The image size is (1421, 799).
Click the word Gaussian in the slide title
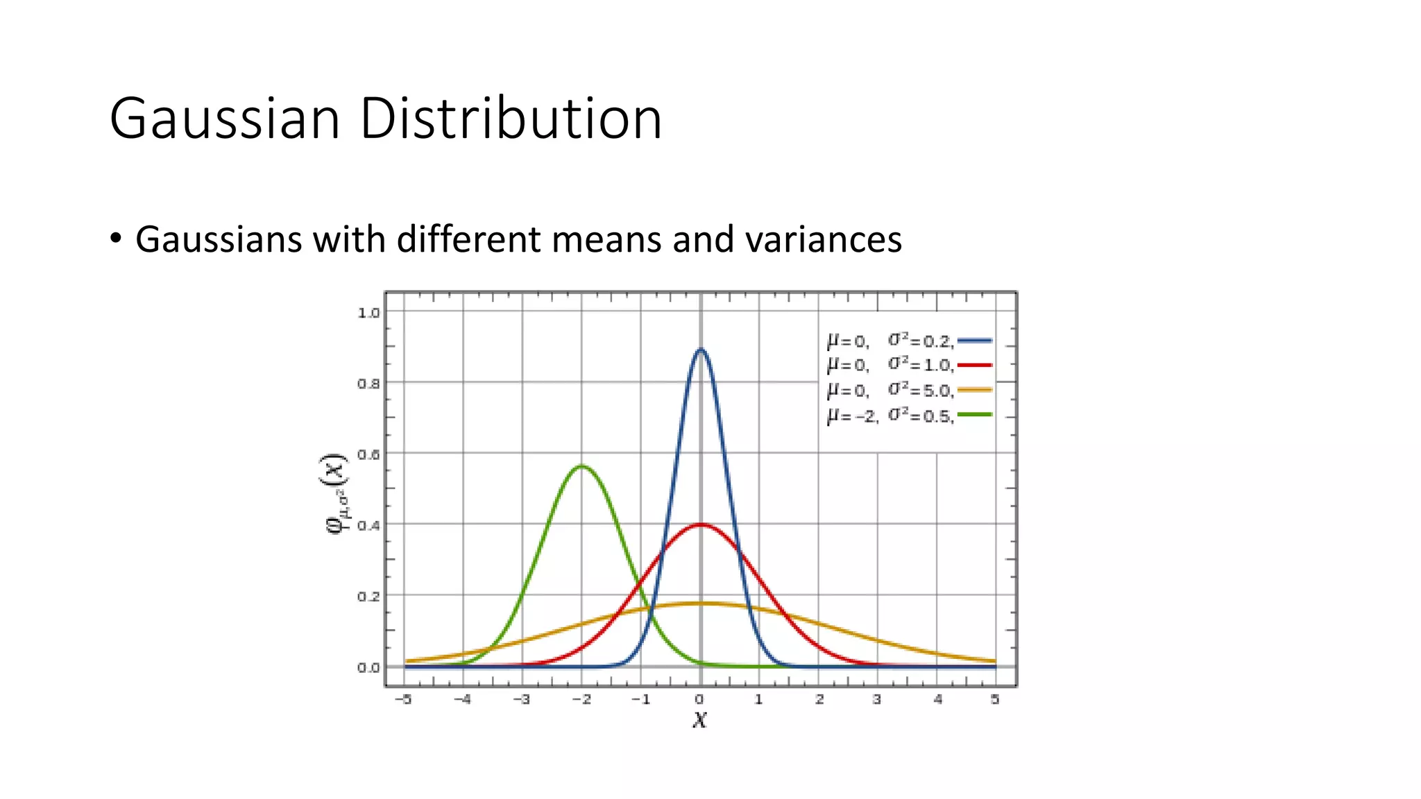[x=225, y=119]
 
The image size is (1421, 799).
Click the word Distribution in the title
[x=511, y=119]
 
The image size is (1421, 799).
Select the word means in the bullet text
[x=608, y=239]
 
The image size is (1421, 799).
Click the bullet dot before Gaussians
[x=116, y=239]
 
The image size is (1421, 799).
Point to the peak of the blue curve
[x=700, y=350]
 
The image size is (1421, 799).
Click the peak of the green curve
[x=581, y=466]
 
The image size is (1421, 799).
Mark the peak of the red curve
[x=700, y=524]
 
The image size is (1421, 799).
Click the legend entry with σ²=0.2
[x=908, y=341]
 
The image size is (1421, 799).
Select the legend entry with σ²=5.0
[x=908, y=390]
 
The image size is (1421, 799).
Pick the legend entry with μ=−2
[x=908, y=415]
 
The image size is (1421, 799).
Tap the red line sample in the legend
[x=974, y=365]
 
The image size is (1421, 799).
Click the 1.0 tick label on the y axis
[x=368, y=313]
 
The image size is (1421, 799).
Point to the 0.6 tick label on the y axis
[x=368, y=454]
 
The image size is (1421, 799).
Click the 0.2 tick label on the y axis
[x=368, y=596]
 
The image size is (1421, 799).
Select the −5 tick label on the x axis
[x=403, y=699]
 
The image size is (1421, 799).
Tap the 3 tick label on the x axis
[x=877, y=699]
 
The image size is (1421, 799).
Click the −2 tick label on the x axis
[x=581, y=699]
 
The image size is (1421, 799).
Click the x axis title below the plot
[x=699, y=720]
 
